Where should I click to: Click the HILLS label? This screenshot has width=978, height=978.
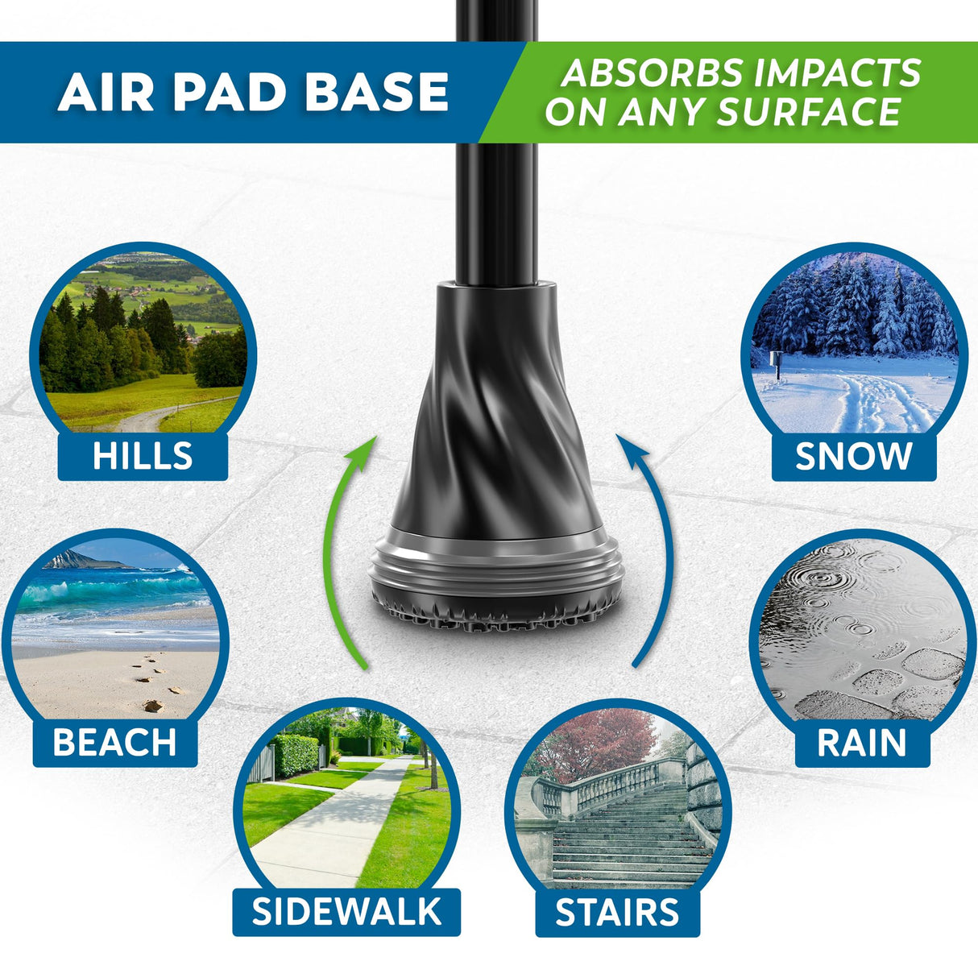pyautogui.click(x=143, y=456)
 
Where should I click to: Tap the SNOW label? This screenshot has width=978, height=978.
pyautogui.click(x=854, y=456)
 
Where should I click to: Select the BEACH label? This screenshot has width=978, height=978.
pyautogui.click(x=114, y=743)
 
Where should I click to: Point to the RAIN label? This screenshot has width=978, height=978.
pyautogui.click(x=862, y=743)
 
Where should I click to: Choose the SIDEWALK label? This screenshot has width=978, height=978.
pyautogui.click(x=346, y=911)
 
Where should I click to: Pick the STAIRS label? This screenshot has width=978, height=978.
pyautogui.click(x=618, y=912)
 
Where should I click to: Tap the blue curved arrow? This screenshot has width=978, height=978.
pyautogui.click(x=662, y=548)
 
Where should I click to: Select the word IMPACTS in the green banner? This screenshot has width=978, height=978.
pyautogui.click(x=837, y=73)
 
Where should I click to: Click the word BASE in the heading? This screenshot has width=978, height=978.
pyautogui.click(x=376, y=92)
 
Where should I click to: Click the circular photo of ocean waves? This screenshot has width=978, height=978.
pyautogui.click(x=115, y=629)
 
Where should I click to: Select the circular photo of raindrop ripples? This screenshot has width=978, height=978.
pyautogui.click(x=862, y=629)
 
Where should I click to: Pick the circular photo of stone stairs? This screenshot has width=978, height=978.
pyautogui.click(x=618, y=798)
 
